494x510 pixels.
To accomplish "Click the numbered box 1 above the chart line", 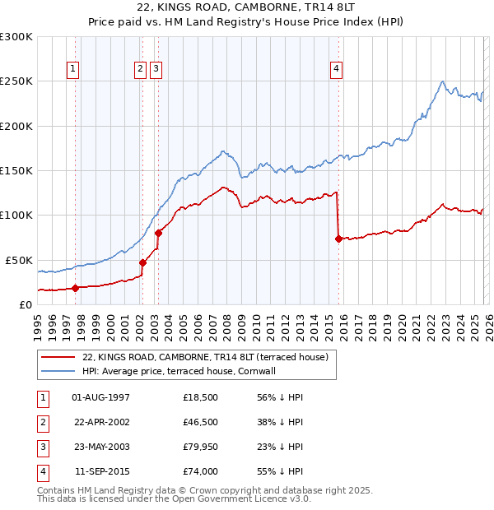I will [75, 70].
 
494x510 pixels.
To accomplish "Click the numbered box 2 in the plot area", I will [141, 70].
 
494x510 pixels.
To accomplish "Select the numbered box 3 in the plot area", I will [156, 70].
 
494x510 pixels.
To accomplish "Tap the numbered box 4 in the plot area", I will [337, 70].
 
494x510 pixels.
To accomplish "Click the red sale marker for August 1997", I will [75, 288].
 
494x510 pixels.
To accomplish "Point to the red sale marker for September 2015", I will [338, 239].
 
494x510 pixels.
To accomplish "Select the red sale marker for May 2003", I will [158, 233].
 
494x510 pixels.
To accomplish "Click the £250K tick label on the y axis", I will [16, 81].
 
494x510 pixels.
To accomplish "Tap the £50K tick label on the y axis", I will [19, 260].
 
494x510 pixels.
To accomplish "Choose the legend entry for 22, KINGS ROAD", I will [205, 357].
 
